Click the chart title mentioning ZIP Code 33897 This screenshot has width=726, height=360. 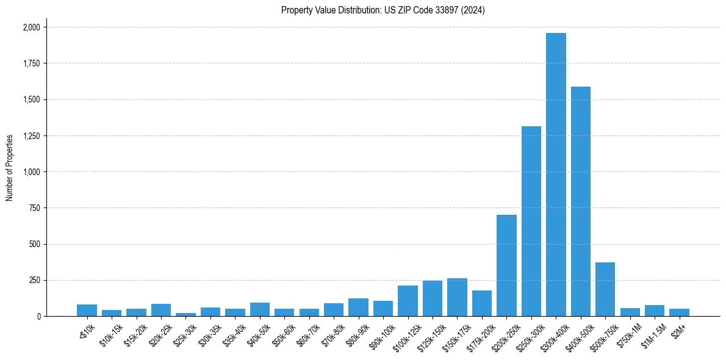pyautogui.click(x=383, y=10)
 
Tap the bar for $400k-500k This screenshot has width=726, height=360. pyautogui.click(x=580, y=201)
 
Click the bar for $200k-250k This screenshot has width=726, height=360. pyautogui.click(x=506, y=265)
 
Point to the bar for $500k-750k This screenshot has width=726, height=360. pyautogui.click(x=605, y=289)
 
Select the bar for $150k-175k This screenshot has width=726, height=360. pyautogui.click(x=457, y=297)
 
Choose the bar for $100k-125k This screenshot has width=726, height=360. pyautogui.click(x=408, y=301)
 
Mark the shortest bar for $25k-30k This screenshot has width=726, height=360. pyautogui.click(x=185, y=314)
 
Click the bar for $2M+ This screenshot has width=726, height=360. pyautogui.click(x=679, y=312)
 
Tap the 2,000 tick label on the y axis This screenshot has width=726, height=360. pyautogui.click(x=31, y=27)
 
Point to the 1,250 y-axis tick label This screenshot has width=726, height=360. pyautogui.click(x=31, y=135)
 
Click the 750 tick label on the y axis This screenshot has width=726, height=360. pyautogui.click(x=35, y=208)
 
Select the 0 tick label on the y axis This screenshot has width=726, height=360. pyautogui.click(x=38, y=317)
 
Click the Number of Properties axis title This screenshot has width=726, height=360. pyautogui.click(x=10, y=168)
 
